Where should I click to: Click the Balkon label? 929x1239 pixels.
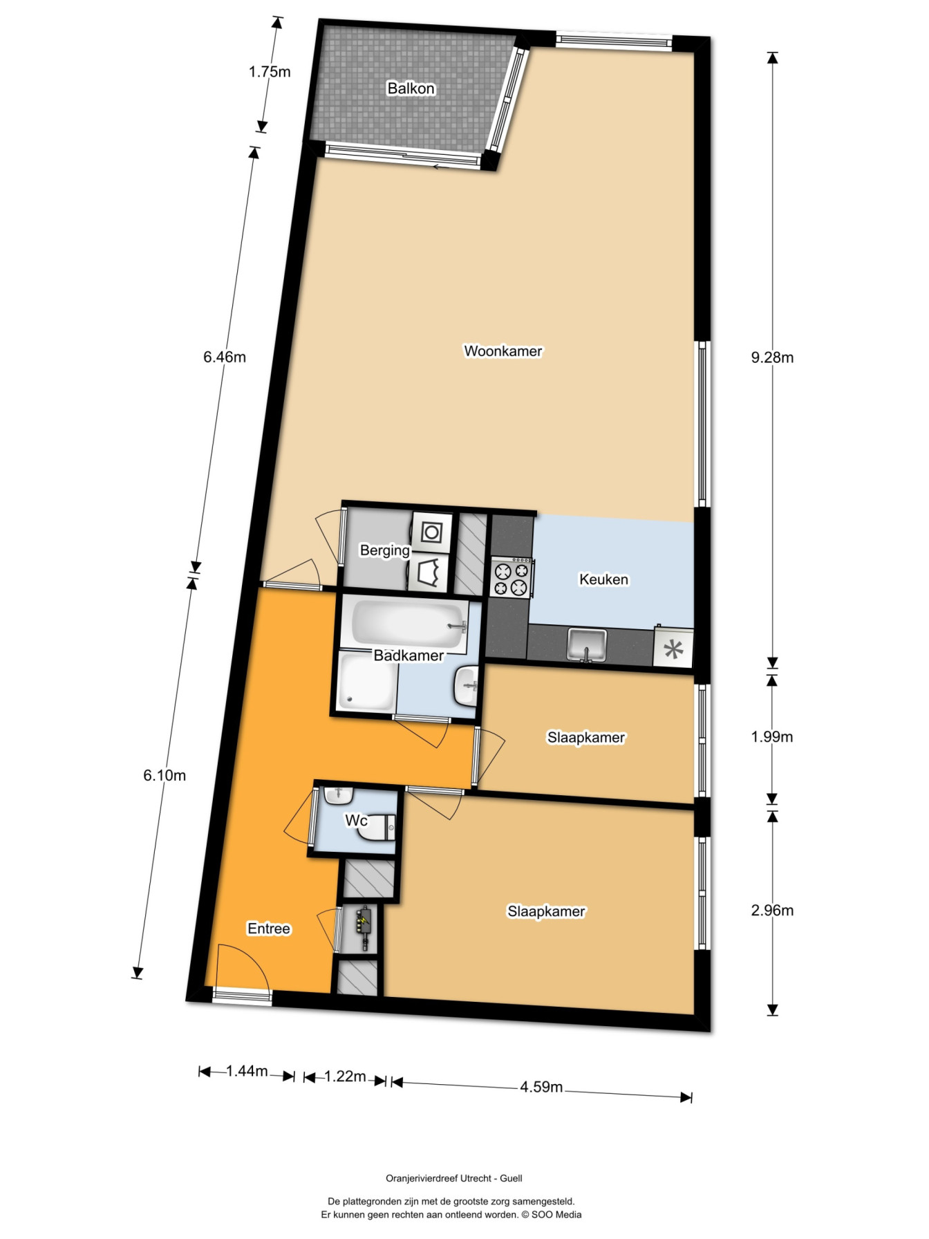point(411,88)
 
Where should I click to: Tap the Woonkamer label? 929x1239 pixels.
point(503,351)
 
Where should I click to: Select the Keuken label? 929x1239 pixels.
point(603,579)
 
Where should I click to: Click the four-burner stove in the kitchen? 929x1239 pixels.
point(512,577)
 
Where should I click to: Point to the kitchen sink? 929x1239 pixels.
point(587,644)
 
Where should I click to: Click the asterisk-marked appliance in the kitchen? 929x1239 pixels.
point(673,649)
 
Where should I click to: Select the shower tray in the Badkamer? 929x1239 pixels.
point(367,682)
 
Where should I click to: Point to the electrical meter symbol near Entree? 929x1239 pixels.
point(363,926)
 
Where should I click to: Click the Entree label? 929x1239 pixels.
point(269,929)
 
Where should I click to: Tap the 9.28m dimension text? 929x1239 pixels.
point(772,357)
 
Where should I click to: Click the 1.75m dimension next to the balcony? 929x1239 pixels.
point(270,72)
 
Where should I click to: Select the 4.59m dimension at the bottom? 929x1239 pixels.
point(541,1087)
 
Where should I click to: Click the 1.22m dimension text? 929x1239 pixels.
point(345,1077)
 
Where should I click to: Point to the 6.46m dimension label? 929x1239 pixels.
point(224,357)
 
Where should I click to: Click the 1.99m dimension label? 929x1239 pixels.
point(772,737)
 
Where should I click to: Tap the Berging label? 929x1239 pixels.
point(385,550)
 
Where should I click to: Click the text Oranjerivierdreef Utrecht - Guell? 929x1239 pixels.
point(454,1178)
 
